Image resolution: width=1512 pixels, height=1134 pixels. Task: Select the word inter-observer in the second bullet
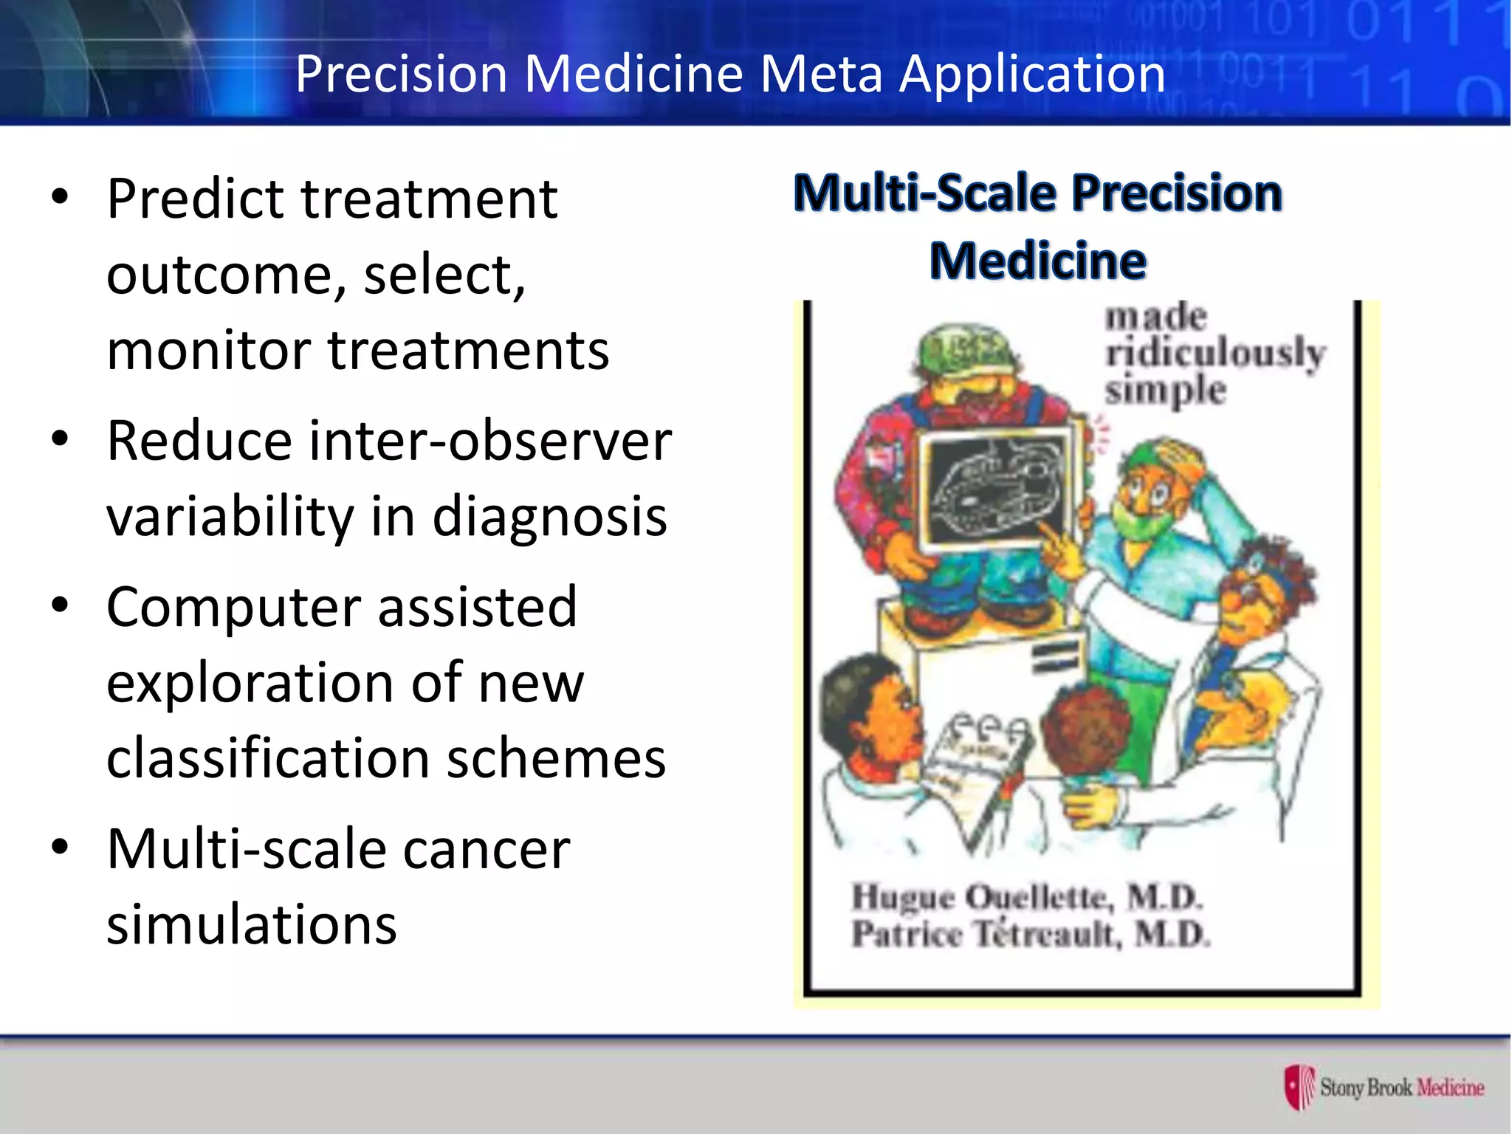[x=490, y=441]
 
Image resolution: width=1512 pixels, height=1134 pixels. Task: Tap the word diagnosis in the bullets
[x=549, y=517]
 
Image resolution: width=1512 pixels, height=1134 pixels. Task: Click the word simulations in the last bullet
[x=252, y=924]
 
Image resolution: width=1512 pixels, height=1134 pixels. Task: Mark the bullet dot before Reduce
[x=60, y=439]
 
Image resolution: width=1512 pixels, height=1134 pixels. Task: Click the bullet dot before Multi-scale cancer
[x=60, y=847]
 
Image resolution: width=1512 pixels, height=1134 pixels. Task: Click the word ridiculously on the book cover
[x=1214, y=352]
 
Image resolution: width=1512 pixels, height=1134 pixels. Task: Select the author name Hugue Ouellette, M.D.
[x=1026, y=898]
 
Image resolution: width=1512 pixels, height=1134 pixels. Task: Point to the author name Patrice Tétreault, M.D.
[x=1031, y=934]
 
